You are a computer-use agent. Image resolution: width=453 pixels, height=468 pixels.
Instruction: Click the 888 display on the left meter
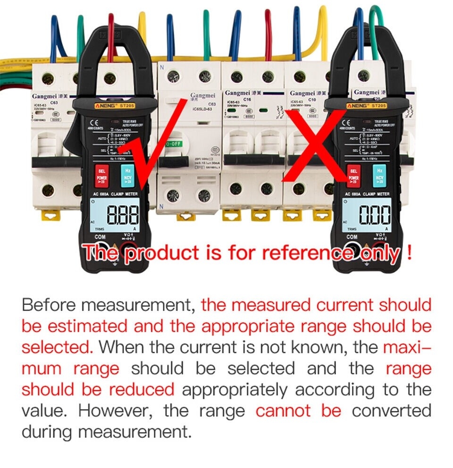point(124,216)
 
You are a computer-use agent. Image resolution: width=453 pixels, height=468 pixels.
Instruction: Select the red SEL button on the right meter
point(352,175)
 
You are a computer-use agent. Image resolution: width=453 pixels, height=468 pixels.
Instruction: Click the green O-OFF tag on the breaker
point(172,143)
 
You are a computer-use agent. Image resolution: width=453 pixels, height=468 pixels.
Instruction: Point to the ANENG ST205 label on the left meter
point(112,107)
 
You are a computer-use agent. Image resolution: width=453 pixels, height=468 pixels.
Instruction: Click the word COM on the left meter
point(100,236)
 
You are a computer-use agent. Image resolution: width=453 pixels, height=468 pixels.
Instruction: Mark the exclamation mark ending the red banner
point(409,253)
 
